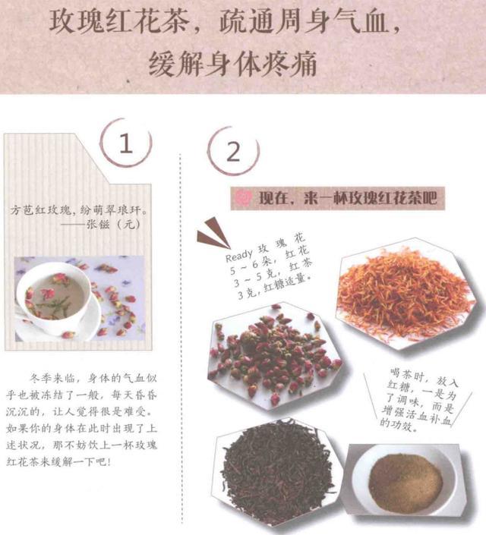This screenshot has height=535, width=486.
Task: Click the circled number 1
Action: (126, 143)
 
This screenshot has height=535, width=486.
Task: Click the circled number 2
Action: (233, 151)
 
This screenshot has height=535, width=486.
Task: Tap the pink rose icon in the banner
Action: (243, 198)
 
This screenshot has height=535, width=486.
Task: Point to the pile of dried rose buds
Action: (275, 355)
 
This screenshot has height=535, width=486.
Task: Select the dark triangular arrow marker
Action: (212, 234)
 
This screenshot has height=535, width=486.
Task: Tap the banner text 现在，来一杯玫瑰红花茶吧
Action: (348, 198)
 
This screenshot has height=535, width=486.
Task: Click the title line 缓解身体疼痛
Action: (233, 64)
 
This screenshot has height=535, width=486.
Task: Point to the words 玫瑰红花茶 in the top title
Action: (119, 21)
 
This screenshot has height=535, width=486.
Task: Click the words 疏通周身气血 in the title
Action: (304, 21)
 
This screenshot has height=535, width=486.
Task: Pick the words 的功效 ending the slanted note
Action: (396, 424)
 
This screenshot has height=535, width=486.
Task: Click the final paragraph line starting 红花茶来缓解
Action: (58, 462)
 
